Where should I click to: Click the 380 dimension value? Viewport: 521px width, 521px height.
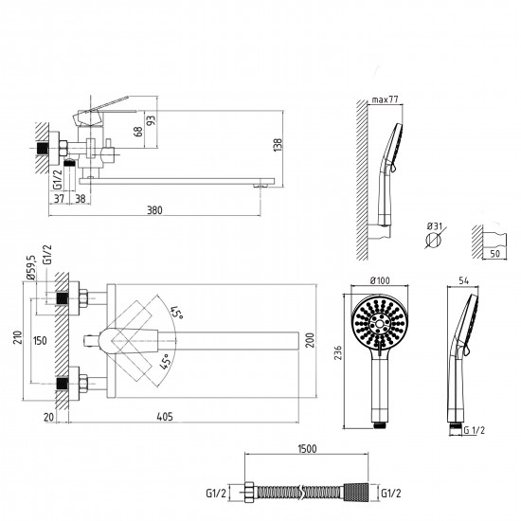tap(154, 210)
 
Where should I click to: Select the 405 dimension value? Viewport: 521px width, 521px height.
tap(165, 417)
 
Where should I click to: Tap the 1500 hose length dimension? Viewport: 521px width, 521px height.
tap(307, 449)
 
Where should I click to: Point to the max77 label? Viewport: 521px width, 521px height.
tap(385, 99)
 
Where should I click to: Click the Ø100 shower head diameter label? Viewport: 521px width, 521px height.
tap(380, 280)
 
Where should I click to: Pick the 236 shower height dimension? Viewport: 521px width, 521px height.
tap(337, 352)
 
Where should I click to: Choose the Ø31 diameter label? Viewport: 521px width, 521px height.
tap(435, 226)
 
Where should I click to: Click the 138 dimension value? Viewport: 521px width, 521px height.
tap(278, 145)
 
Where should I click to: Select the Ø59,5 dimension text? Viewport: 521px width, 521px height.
tap(31, 268)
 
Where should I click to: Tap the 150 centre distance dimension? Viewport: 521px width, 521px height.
tap(40, 341)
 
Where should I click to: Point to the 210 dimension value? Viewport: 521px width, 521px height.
tap(18, 337)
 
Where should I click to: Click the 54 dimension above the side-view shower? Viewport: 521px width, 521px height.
tap(463, 280)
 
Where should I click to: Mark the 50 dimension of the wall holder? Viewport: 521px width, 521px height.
tap(494, 254)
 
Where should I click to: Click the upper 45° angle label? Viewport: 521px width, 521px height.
tap(177, 313)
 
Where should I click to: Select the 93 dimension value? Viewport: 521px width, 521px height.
tap(152, 120)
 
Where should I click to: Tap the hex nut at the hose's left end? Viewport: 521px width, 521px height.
tap(249, 492)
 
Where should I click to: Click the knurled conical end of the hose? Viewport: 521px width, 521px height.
tap(356, 492)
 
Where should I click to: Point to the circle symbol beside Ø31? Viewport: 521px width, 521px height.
tap(433, 240)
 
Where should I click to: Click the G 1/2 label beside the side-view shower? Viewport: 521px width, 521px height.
tap(475, 430)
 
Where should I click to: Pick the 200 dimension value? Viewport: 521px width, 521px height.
tap(311, 340)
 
